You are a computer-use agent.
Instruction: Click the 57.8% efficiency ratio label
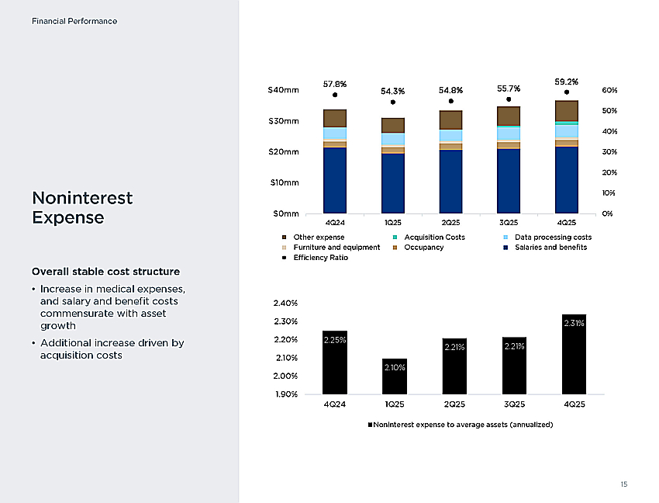point(335,84)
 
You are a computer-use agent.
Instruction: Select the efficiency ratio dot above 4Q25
point(567,92)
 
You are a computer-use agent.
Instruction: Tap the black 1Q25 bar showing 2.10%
point(395,376)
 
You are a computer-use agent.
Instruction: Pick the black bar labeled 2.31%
point(574,355)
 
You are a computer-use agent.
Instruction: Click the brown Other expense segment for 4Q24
point(335,118)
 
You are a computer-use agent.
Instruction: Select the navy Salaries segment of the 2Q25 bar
point(450,182)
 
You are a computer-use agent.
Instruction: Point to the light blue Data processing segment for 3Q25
point(509,134)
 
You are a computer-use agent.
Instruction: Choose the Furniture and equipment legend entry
point(331,248)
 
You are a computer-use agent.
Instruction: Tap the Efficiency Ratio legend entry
point(315,258)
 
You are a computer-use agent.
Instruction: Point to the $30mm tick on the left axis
point(284,121)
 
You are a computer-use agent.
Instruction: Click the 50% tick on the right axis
point(609,111)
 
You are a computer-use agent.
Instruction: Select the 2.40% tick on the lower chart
point(285,303)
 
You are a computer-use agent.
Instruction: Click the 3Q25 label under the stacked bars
point(509,223)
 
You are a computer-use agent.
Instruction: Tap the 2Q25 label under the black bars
point(454,404)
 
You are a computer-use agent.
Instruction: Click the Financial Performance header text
point(74,21)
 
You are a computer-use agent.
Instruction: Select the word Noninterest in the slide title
point(82,198)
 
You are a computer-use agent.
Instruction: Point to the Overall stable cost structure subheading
point(106,272)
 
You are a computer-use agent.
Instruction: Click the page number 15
point(624,484)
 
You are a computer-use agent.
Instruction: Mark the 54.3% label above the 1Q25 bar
point(392,92)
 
